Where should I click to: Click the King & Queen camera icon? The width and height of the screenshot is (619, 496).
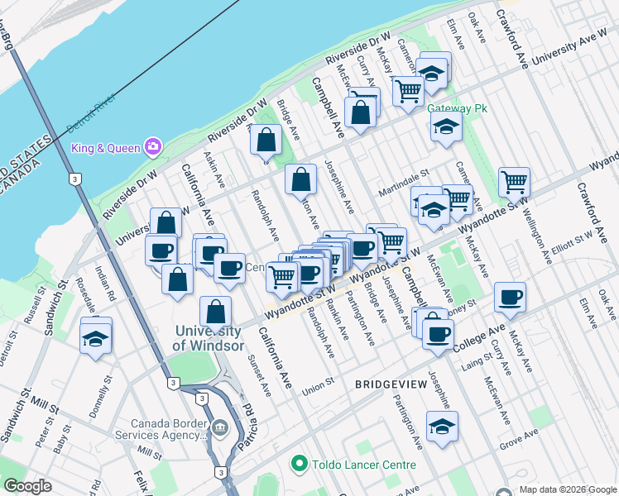[x=152, y=148]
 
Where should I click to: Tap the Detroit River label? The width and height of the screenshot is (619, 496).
[x=90, y=119]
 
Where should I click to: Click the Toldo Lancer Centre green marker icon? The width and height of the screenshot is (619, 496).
[x=299, y=465]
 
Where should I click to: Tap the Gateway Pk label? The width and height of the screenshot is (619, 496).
[x=455, y=108]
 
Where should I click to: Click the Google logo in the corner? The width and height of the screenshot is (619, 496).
[x=27, y=486]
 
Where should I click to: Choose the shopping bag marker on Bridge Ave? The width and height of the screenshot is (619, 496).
[x=266, y=141]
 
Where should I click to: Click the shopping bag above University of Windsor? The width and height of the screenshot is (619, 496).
[x=215, y=313]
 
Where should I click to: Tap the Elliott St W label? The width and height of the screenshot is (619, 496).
[x=573, y=236]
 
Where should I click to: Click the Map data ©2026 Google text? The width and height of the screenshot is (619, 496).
[x=568, y=489]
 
